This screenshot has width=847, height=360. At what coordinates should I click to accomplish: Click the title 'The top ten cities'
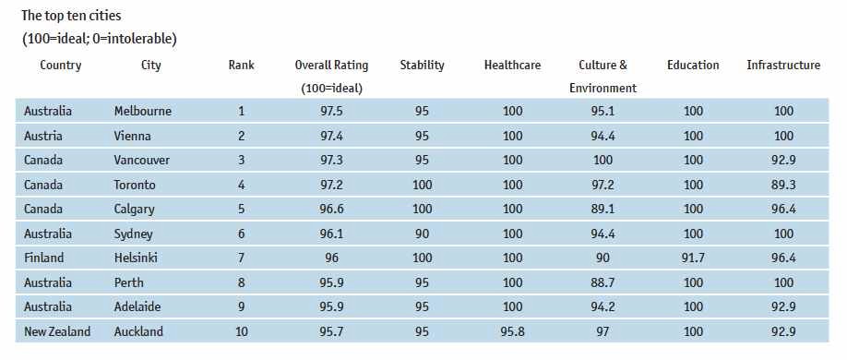[71, 16]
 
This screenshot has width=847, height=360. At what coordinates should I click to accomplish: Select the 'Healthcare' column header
[512, 66]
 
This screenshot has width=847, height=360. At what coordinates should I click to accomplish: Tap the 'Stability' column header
[422, 66]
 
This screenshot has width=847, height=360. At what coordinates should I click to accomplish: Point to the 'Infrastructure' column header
[783, 66]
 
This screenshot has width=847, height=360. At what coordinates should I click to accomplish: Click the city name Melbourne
[142, 112]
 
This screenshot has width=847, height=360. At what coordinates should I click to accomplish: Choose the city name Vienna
[134, 136]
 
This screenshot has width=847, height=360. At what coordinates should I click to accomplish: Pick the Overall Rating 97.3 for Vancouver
[331, 161]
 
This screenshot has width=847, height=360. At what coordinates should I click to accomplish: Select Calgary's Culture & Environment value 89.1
[603, 210]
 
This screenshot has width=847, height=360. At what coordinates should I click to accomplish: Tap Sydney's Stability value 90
[422, 234]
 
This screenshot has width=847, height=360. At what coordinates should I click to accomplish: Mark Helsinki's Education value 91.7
[693, 258]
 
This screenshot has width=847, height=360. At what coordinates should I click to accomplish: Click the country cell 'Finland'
[44, 258]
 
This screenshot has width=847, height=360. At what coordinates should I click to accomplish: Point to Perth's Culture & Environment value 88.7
[603, 283]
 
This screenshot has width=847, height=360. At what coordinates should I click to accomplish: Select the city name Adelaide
[139, 307]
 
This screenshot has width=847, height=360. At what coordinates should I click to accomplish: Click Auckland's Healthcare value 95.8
[512, 331]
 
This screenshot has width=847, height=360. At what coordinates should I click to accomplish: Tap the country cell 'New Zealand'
[57, 331]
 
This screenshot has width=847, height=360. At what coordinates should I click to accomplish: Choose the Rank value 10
[242, 331]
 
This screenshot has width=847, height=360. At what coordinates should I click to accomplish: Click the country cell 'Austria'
[43, 136]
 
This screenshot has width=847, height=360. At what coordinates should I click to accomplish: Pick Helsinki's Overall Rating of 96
[331, 258]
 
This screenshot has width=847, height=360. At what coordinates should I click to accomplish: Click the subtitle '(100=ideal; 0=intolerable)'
[99, 39]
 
